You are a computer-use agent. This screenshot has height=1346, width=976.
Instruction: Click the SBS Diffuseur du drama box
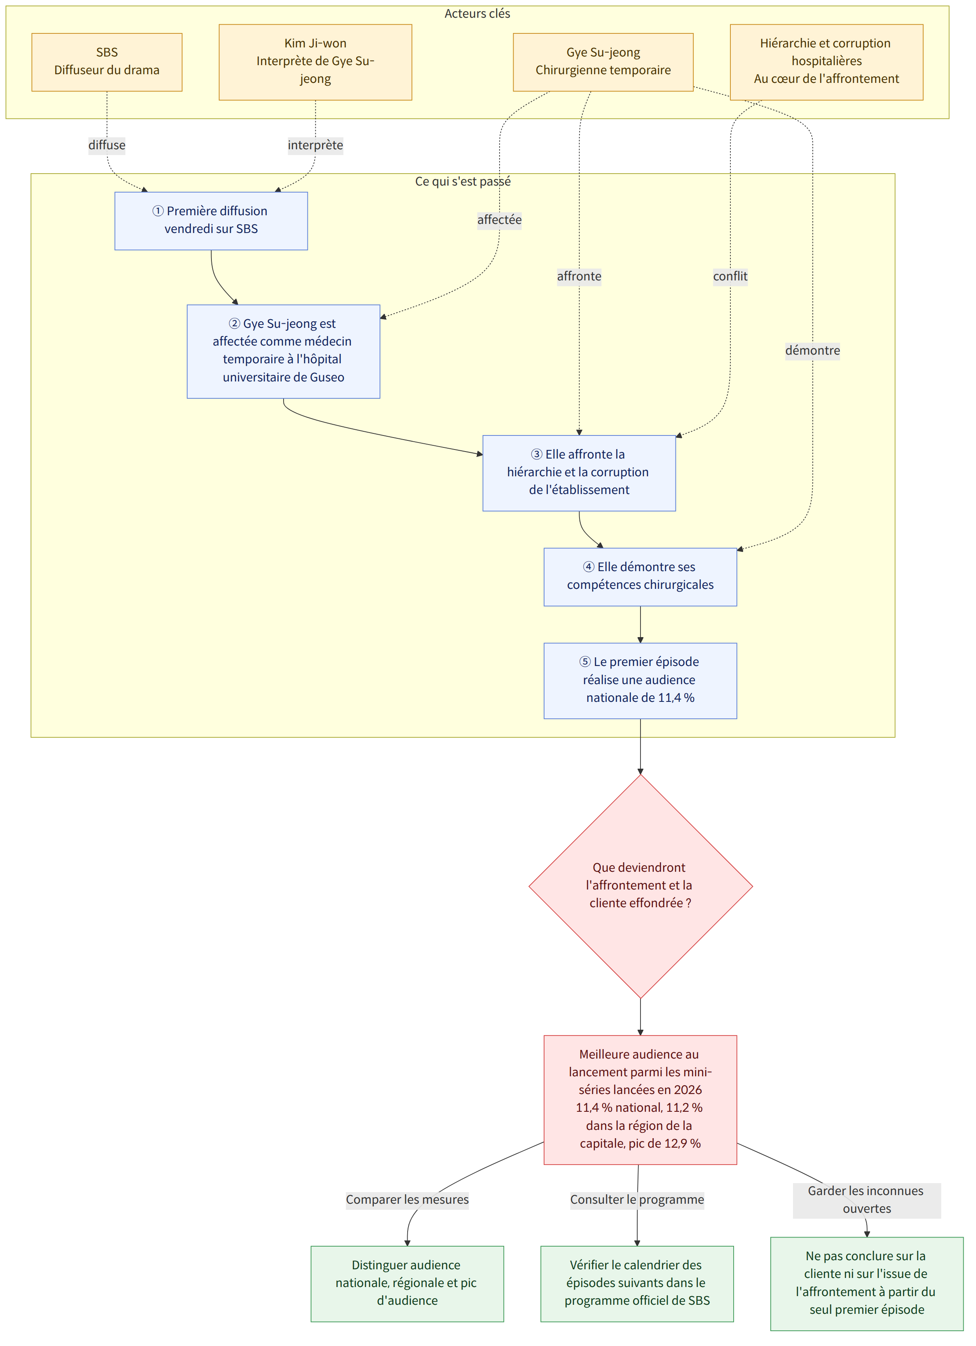(107, 62)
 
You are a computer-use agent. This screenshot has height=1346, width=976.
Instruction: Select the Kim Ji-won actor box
(315, 62)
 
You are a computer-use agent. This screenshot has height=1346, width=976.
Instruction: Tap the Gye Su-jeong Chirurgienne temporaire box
(603, 62)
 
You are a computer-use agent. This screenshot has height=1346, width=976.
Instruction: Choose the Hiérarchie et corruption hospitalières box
(826, 62)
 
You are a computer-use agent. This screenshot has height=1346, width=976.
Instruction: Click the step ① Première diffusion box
(211, 221)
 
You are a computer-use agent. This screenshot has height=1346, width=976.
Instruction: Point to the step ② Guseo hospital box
(284, 351)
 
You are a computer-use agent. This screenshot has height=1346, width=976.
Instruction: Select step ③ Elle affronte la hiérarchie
(579, 473)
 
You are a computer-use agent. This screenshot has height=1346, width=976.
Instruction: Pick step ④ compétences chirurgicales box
(640, 577)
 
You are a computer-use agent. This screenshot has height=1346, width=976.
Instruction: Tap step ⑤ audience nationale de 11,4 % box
(640, 681)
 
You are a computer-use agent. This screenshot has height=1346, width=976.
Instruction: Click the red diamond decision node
(640, 887)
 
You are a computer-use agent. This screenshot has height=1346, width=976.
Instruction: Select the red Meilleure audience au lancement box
(640, 1100)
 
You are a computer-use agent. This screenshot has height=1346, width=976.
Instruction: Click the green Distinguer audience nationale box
(407, 1284)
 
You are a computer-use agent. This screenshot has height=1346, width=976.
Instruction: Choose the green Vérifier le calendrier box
(637, 1284)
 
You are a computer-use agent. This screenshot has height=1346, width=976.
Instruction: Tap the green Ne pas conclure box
(867, 1284)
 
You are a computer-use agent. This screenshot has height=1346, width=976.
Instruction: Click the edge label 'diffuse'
(107, 146)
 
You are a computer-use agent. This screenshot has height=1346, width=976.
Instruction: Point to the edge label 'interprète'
(315, 146)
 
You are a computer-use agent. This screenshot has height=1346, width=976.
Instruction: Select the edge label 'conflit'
(730, 277)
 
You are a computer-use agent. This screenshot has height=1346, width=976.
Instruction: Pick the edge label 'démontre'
(812, 351)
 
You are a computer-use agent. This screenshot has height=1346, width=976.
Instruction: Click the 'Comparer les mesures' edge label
(407, 1200)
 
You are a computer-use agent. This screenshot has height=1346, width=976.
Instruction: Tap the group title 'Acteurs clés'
(478, 14)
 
